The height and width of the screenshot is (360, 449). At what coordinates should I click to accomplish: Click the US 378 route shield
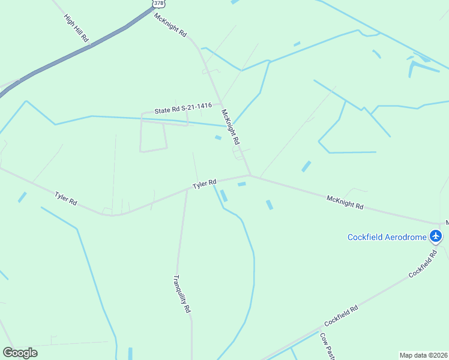[x=158, y=3]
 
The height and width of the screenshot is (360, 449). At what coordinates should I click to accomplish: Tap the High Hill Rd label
[x=76, y=28]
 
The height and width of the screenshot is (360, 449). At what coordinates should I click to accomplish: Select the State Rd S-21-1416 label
[x=183, y=109]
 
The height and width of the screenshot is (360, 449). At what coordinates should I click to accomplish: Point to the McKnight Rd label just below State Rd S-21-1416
[x=231, y=127]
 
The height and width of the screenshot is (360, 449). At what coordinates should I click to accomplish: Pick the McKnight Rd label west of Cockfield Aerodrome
[x=345, y=202]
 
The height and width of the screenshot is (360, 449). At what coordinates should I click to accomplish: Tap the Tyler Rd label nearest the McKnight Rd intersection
[x=204, y=184]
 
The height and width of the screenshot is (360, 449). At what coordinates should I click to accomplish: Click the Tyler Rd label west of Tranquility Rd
[x=65, y=199]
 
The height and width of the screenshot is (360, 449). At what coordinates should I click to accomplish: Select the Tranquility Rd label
[x=182, y=294]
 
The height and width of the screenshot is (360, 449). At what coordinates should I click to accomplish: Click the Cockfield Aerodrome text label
[x=387, y=237]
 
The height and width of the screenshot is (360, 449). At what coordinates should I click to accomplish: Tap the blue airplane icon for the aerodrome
[x=436, y=236]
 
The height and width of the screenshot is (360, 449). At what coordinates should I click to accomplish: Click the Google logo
[x=20, y=353]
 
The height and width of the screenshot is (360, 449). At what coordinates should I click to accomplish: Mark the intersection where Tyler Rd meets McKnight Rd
[x=250, y=175]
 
